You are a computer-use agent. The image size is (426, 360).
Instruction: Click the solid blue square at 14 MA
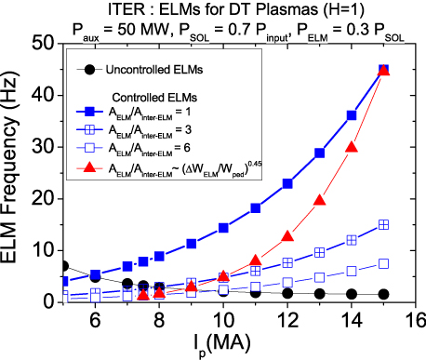pos(351,115)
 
